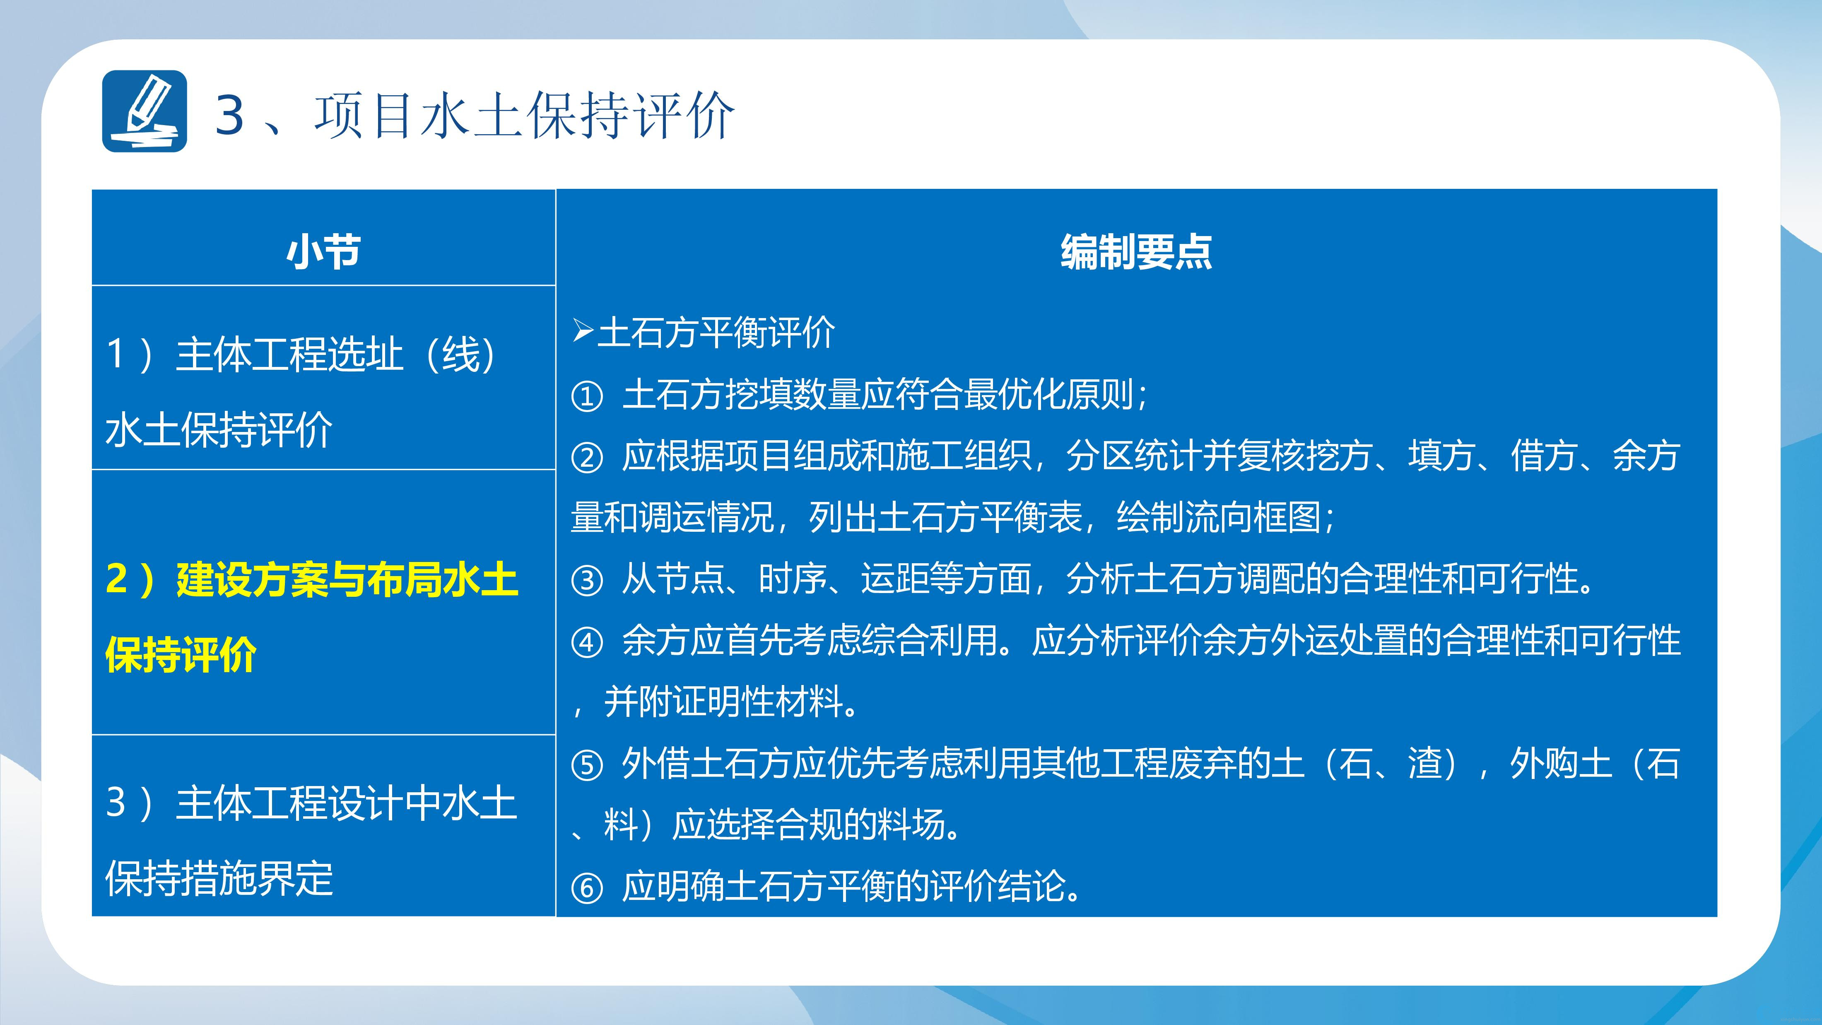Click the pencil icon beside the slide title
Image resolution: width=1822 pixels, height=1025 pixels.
(x=145, y=111)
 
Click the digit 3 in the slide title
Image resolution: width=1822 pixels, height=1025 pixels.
(x=230, y=115)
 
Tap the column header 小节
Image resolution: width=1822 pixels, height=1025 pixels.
(x=324, y=251)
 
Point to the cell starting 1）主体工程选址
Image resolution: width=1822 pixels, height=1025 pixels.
(x=323, y=378)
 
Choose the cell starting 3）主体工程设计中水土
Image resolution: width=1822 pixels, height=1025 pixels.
(x=323, y=825)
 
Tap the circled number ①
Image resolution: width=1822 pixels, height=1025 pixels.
(x=587, y=396)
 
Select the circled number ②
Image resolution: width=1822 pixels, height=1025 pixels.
(x=587, y=458)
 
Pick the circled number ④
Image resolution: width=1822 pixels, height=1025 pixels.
(x=587, y=642)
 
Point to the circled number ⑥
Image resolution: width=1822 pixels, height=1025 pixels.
(x=587, y=888)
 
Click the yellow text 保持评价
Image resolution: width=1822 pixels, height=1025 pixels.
(x=181, y=654)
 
